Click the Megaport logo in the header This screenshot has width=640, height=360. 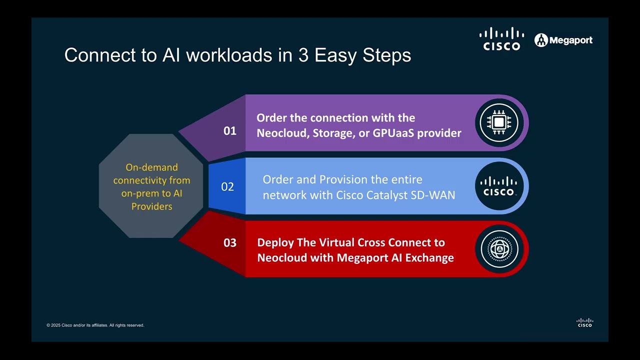tap(563, 40)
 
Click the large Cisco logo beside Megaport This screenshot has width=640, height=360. tap(501, 39)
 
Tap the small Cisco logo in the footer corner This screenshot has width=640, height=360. tap(585, 323)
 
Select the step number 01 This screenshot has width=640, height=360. tap(230, 131)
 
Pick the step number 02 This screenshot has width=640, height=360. tap(227, 186)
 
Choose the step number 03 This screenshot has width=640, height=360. tap(230, 243)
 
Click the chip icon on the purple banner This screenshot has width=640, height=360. tap(499, 122)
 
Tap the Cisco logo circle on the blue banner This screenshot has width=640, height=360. tap(499, 186)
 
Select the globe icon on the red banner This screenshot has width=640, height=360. tap(499, 249)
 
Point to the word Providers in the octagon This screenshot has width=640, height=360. tap(151, 206)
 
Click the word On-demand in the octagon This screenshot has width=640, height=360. tap(151, 167)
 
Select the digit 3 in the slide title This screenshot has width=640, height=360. tap(303, 55)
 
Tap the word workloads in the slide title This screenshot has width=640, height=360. tap(229, 55)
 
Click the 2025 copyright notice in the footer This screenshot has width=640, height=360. tap(95, 325)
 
